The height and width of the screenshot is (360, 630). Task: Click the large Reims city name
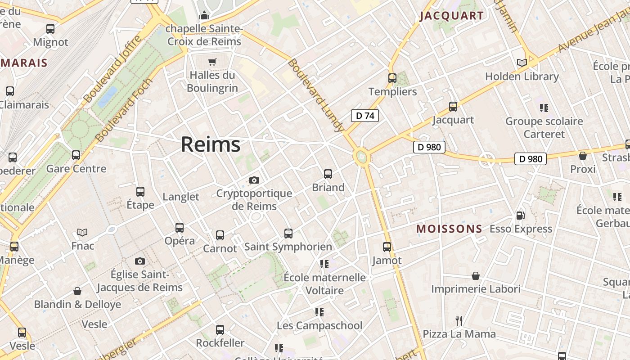[211, 144]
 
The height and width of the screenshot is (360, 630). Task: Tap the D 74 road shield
[365, 116]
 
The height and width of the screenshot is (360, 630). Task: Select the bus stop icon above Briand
[328, 174]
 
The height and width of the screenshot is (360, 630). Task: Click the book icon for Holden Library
[522, 63]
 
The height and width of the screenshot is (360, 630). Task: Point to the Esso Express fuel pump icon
[520, 216]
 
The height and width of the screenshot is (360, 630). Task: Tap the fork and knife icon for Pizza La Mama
[459, 320]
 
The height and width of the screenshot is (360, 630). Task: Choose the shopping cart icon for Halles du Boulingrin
[212, 62]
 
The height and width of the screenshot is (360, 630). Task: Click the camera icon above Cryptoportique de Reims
[254, 180]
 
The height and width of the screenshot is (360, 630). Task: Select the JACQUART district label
[451, 16]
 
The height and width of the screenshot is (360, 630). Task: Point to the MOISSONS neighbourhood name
[449, 229]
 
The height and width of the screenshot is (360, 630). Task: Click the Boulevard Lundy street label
[316, 95]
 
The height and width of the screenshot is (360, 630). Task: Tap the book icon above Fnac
[82, 232]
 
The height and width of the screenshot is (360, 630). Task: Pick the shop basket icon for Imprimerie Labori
[476, 275]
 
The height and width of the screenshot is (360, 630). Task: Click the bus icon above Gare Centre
[76, 155]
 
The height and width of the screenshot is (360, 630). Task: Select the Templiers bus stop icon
[392, 78]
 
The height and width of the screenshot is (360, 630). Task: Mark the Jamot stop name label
[387, 260]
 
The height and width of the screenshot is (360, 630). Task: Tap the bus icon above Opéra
[180, 227]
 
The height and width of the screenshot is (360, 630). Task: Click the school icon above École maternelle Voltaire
[324, 264]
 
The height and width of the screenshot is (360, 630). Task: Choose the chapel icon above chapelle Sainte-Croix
[204, 16]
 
